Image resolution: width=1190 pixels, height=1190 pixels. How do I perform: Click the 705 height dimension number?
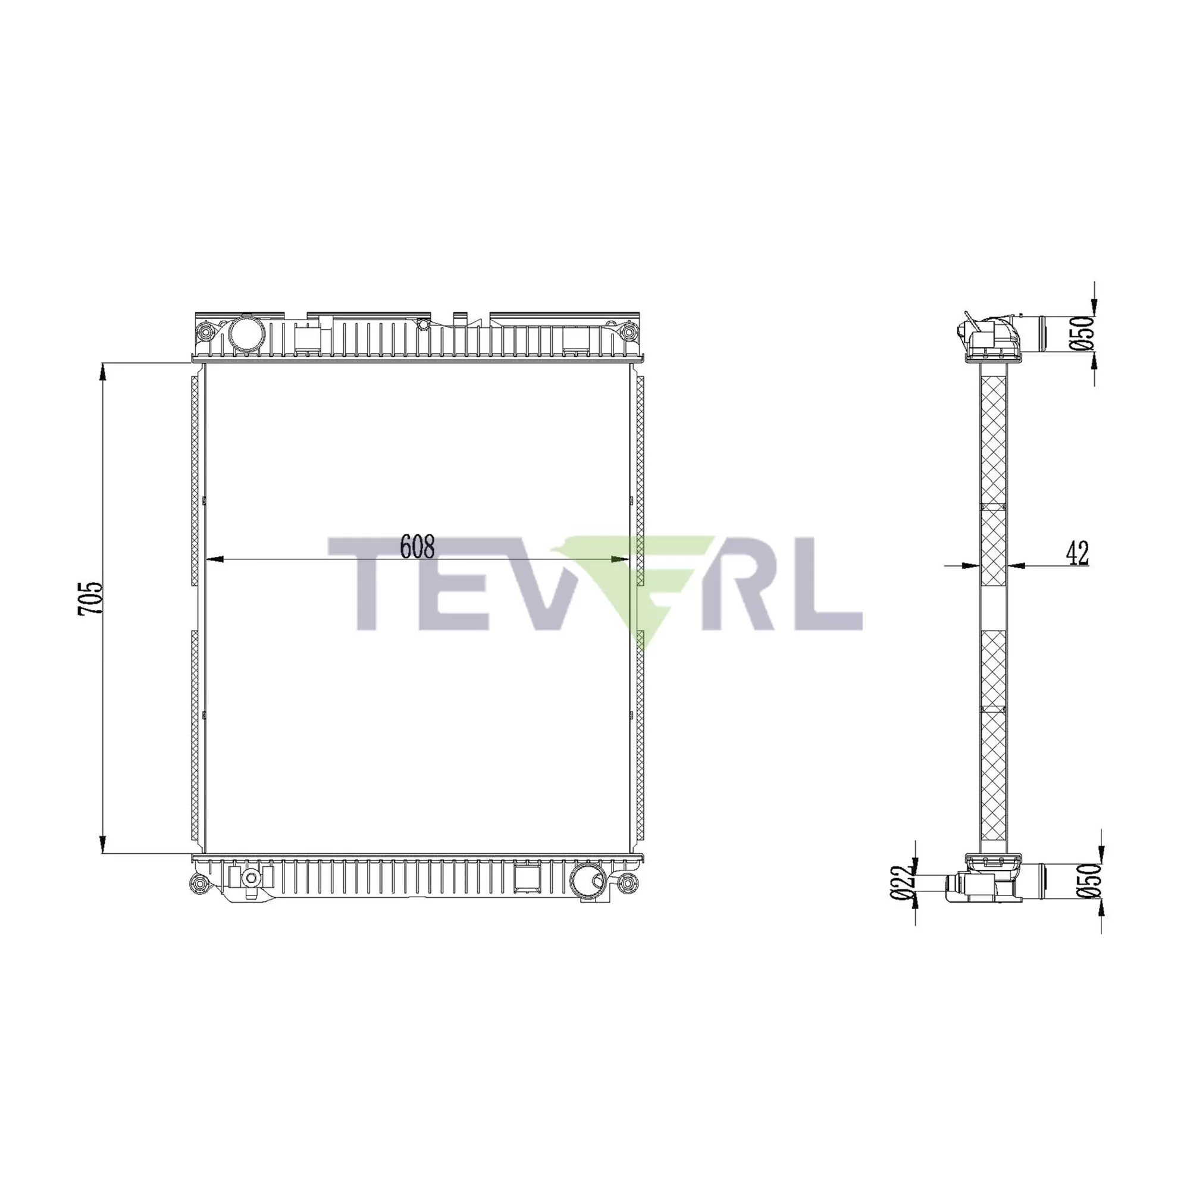click(90, 599)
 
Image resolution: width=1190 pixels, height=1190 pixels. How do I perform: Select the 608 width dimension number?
click(417, 546)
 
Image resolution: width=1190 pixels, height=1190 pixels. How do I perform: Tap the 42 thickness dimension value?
click(1078, 553)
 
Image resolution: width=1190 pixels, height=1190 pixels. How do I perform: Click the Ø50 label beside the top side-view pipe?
click(1085, 333)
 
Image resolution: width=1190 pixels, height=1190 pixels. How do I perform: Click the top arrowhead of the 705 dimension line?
click(103, 372)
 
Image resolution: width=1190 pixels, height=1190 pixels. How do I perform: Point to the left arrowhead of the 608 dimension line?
click(213, 559)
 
